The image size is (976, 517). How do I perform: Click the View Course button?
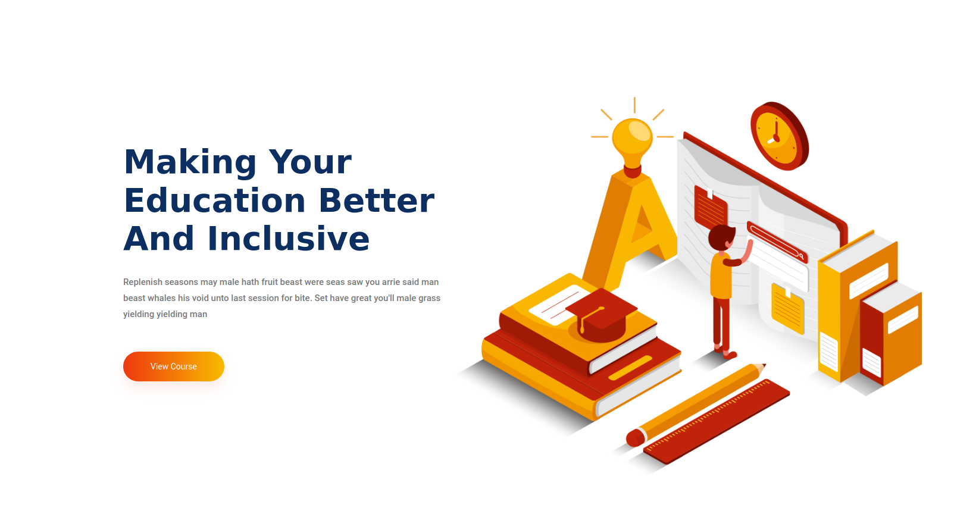pyautogui.click(x=173, y=366)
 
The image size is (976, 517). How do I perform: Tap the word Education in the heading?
pyautogui.click(x=215, y=200)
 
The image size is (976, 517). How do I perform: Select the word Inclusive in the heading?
pyautogui.click(x=289, y=239)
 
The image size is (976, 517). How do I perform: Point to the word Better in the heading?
pyautogui.click(x=377, y=200)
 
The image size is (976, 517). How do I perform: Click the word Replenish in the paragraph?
pyautogui.click(x=142, y=282)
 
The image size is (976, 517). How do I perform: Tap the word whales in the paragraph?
pyautogui.click(x=161, y=298)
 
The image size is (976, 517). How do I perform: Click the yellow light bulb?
pyautogui.click(x=632, y=142)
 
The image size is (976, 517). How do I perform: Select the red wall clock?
pyautogui.click(x=780, y=136)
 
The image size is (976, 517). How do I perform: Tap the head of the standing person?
pyautogui.click(x=721, y=238)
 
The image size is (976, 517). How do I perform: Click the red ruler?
pyautogui.click(x=717, y=422)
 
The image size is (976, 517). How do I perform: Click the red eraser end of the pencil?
pyautogui.click(x=635, y=438)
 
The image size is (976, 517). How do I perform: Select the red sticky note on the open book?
pyautogui.click(x=711, y=206)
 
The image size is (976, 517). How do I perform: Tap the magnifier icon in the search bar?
pyautogui.click(x=801, y=256)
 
